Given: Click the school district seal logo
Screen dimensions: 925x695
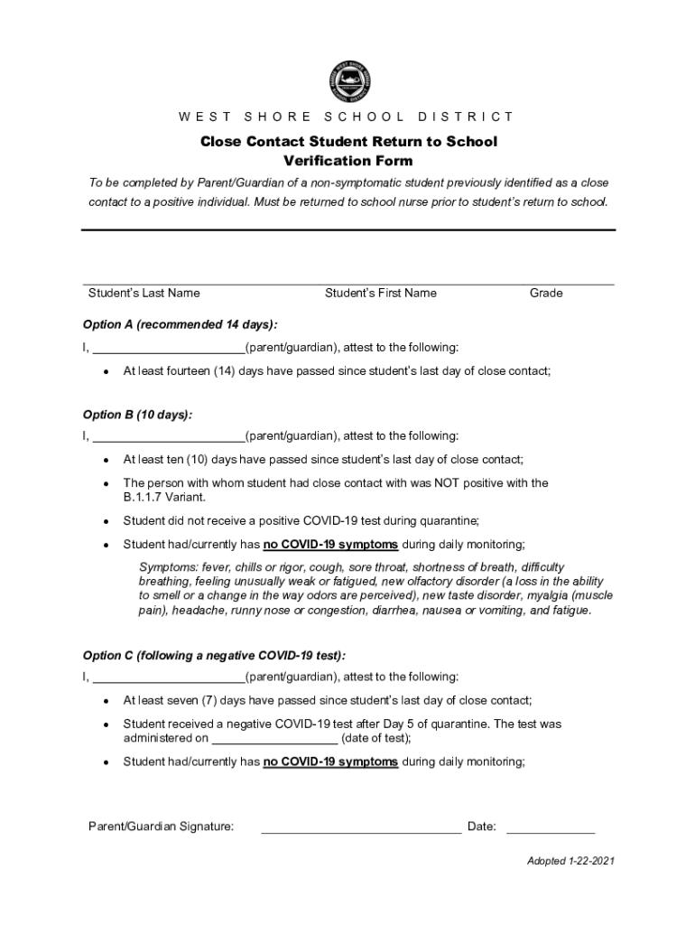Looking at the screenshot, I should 349,80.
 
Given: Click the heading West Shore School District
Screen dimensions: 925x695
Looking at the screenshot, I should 347,117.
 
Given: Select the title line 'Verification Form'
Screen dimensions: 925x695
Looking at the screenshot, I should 347,161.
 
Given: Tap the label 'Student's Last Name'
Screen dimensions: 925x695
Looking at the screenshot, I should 144,293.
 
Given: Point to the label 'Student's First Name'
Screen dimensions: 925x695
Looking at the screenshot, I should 380,293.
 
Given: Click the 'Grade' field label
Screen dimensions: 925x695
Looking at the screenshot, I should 546,293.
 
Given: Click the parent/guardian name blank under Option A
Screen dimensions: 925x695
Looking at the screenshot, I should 169,348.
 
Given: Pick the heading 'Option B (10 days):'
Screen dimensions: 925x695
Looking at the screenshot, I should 137,415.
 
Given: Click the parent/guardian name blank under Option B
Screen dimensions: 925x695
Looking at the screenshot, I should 169,437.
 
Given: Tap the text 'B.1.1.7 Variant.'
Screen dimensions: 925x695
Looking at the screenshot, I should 164,498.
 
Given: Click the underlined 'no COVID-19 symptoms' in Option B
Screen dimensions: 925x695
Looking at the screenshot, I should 330,545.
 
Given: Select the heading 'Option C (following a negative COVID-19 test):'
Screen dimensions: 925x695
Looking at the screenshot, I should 214,655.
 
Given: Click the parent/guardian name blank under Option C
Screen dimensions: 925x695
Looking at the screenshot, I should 169,677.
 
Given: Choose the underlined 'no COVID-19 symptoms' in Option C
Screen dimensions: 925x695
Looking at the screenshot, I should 330,761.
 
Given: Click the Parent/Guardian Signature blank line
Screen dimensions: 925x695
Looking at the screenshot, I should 361,827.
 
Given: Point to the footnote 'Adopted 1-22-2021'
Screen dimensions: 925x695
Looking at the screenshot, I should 570,861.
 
